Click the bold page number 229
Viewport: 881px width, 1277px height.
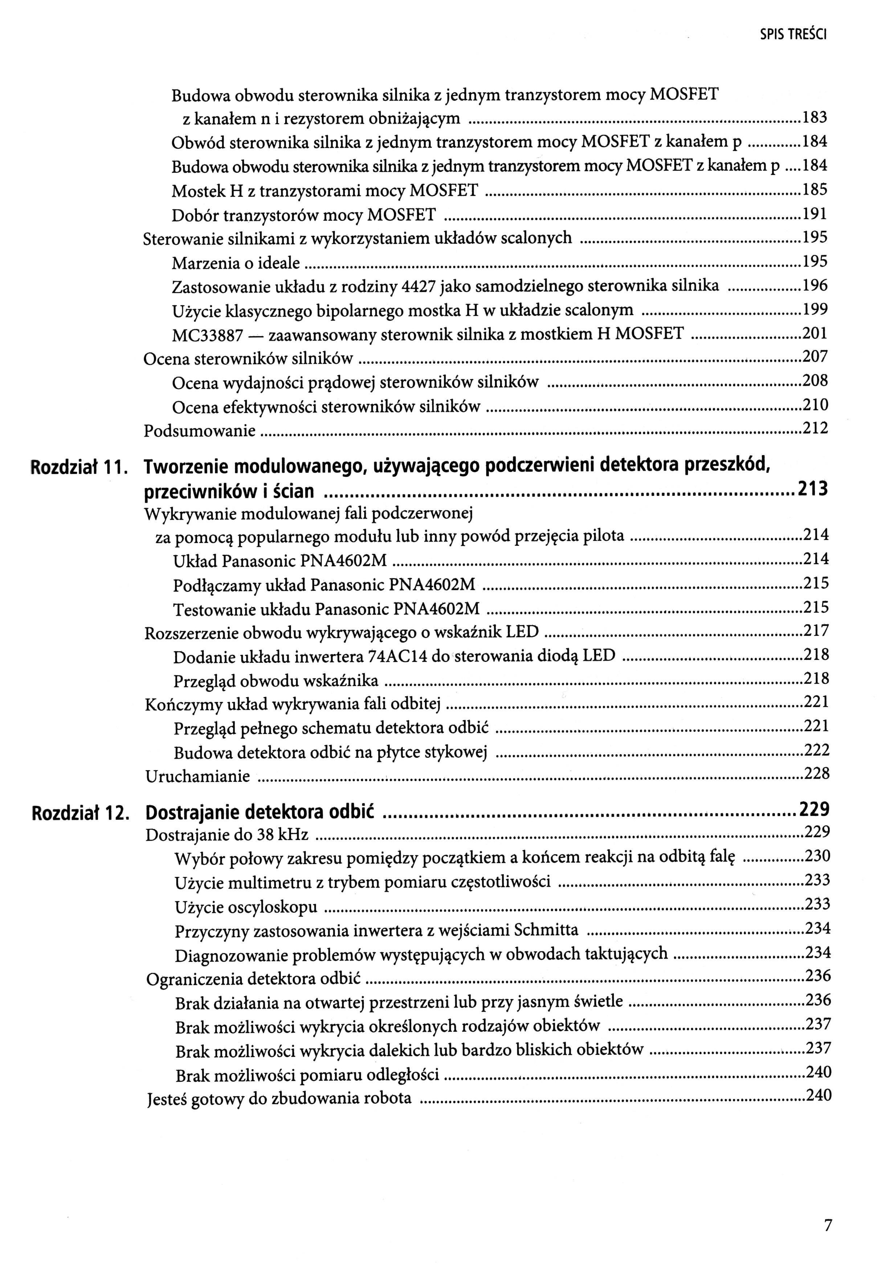[814, 809]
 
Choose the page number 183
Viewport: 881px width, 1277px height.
[815, 118]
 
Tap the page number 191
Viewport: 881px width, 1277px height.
[815, 213]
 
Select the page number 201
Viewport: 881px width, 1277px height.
[815, 333]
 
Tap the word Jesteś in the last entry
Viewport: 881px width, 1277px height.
[167, 1098]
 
